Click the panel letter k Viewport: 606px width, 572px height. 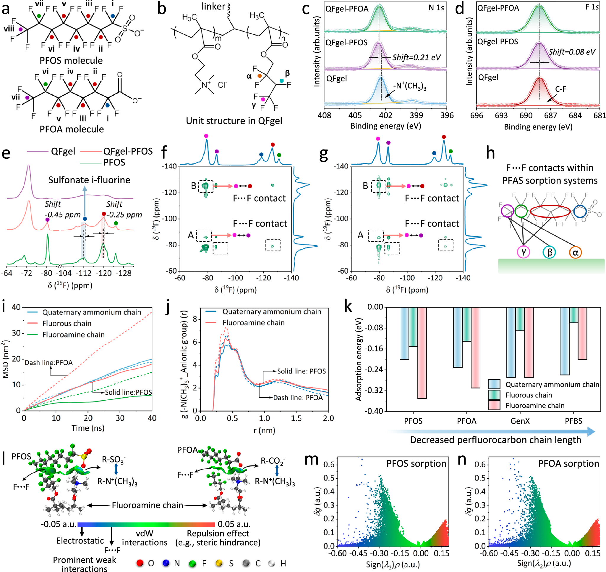[348, 306]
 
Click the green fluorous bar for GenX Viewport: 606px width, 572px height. [520, 319]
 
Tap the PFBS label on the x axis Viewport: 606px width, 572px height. [573, 421]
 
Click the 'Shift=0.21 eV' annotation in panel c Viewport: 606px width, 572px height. [416, 57]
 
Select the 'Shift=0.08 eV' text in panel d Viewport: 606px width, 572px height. [572, 52]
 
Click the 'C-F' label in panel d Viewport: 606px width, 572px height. [560, 89]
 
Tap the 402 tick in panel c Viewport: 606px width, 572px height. [385, 115]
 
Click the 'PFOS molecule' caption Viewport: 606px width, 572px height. [71, 60]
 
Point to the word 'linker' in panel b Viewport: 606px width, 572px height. [213, 7]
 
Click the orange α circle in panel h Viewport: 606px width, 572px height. [575, 253]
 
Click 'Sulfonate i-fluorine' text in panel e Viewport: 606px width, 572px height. [89, 180]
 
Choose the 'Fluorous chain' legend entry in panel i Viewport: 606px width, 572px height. [67, 323]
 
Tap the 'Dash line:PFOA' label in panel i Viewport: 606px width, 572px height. [49, 363]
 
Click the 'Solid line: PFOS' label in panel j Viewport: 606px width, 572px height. [301, 371]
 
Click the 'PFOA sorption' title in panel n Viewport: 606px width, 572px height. [568, 463]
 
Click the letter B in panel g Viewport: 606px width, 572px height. [365, 186]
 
